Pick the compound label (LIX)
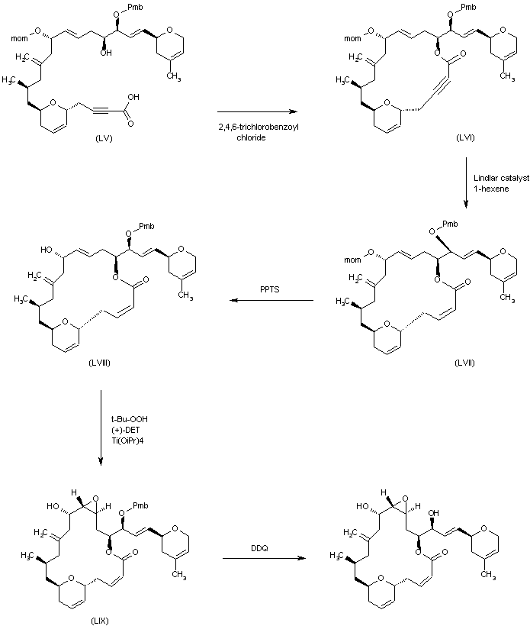click(x=99, y=621)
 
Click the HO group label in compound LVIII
click(x=47, y=249)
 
